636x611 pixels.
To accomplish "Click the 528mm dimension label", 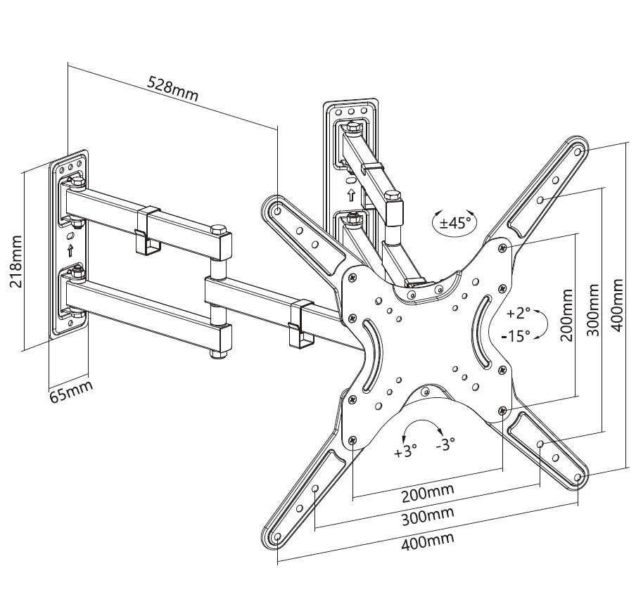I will coord(172,88).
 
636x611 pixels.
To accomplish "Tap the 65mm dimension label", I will coord(70,387).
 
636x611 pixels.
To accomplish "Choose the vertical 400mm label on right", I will coord(617,307).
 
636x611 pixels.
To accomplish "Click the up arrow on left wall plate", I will coord(70,250).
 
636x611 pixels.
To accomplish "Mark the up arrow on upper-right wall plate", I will coord(350,193).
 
